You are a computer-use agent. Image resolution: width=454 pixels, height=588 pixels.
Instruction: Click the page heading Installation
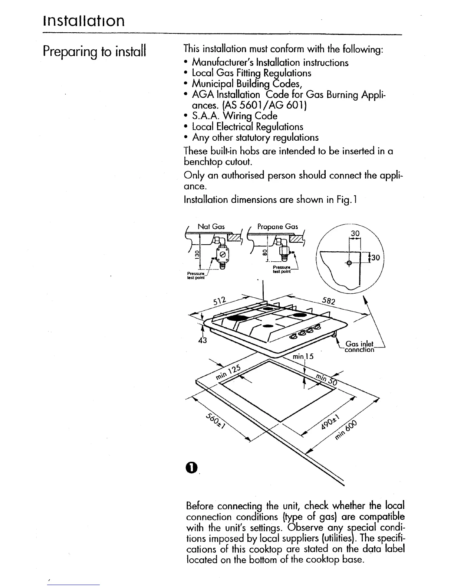[83, 21]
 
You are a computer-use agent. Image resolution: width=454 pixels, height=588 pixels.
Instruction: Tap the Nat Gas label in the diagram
[211, 226]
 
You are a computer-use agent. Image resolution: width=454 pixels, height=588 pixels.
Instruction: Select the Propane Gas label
[277, 226]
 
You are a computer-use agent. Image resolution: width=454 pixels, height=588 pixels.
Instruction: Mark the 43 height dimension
[201, 341]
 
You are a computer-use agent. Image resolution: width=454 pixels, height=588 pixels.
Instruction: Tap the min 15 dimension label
[303, 356]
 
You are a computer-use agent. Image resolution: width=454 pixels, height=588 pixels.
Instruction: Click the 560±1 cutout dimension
[216, 421]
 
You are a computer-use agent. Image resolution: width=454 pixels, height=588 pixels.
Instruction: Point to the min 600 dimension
[347, 430]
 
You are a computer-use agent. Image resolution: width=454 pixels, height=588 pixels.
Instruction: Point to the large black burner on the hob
[237, 318]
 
